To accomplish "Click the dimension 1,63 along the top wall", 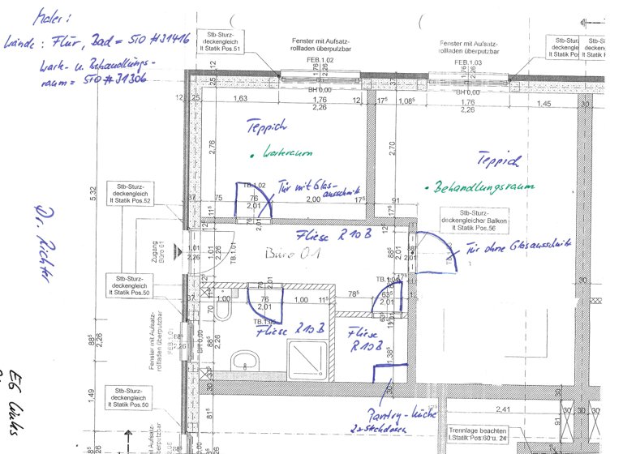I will [240, 99].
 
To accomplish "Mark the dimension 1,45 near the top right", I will [544, 104].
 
